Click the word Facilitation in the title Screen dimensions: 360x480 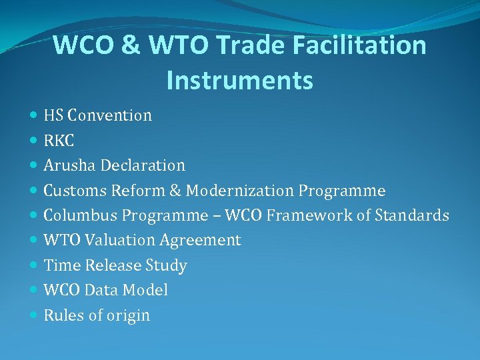(x=357, y=46)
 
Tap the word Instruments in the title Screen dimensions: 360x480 (x=239, y=81)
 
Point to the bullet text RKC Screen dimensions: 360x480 (x=59, y=140)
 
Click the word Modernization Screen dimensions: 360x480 (x=239, y=191)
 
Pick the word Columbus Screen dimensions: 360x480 (x=77, y=215)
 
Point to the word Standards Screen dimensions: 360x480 (x=411, y=215)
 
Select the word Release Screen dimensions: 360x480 (x=114, y=265)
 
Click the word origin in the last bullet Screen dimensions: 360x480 (x=129, y=315)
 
